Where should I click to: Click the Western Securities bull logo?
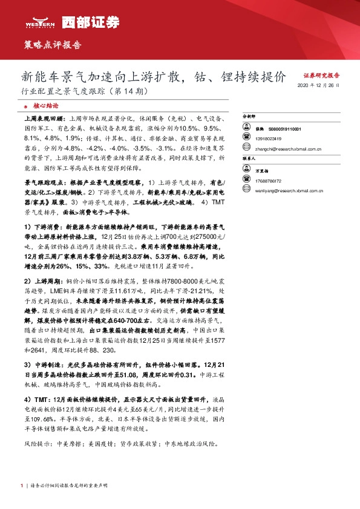tap(41, 21)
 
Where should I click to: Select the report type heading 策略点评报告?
tap(51, 45)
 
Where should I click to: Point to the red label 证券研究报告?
tap(321, 76)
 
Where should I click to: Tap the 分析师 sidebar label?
tap(249, 115)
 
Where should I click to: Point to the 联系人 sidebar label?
tap(249, 157)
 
